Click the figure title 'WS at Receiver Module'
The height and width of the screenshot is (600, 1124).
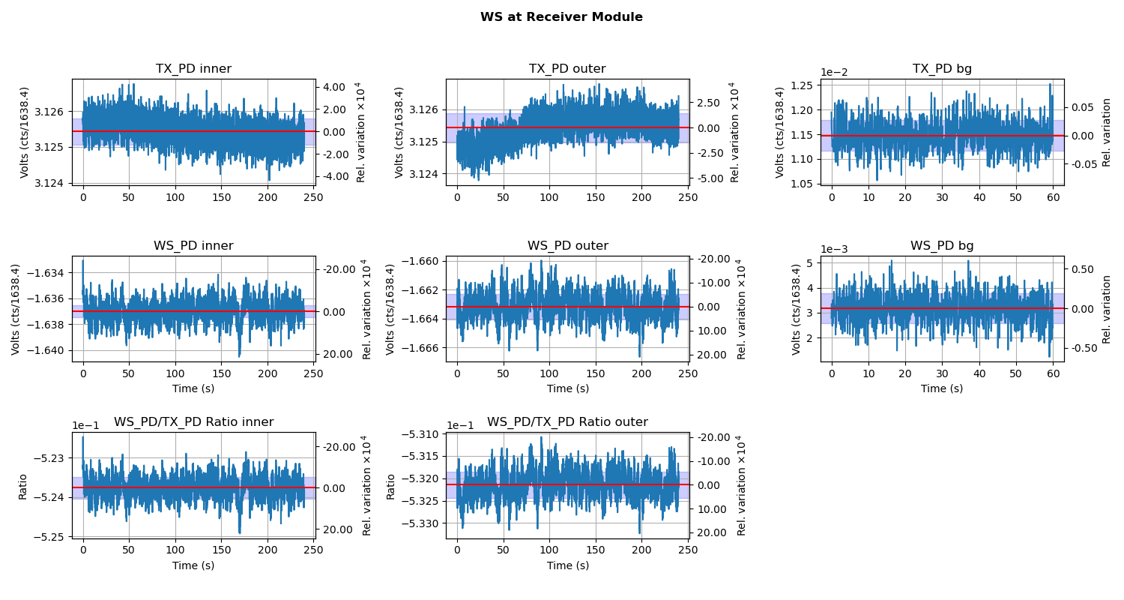tap(561, 17)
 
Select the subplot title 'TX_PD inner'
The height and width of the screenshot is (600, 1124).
tap(193, 69)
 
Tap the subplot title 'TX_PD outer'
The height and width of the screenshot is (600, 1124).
tap(567, 69)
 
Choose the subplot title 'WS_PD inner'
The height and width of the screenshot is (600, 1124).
tap(193, 246)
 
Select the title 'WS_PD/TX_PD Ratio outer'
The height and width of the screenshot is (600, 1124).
tap(567, 422)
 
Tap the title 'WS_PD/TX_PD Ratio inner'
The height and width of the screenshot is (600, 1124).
tap(193, 422)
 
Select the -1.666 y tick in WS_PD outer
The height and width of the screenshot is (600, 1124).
tap(422, 348)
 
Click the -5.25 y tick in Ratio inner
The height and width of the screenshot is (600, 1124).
tap(53, 537)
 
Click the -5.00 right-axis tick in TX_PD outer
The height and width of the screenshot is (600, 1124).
tap(707, 178)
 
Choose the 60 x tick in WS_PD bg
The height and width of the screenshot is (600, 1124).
tap(1052, 373)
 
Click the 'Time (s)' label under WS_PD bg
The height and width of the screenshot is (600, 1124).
tap(942, 388)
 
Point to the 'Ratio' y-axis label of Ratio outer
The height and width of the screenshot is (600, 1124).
tap(390, 486)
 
